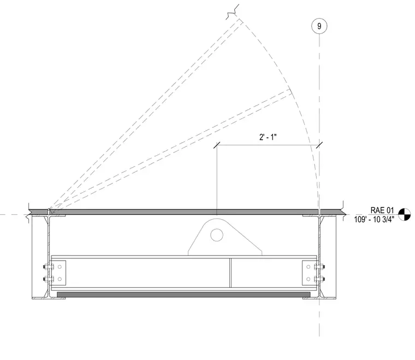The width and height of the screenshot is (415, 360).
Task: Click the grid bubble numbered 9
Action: pos(319,26)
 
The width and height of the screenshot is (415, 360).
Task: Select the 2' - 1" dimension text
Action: pos(268,137)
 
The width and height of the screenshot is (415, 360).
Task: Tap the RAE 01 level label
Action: pos(382,210)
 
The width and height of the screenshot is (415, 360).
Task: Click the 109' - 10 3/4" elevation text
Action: pos(374,220)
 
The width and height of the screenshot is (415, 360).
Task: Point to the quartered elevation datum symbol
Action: pos(405,214)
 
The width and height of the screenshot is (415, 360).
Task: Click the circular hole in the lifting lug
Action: pos(217,235)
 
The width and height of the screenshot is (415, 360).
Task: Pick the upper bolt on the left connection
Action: pos(49,267)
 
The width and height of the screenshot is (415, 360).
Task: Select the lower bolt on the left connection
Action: pos(49,279)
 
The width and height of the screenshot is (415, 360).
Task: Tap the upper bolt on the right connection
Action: pos(319,267)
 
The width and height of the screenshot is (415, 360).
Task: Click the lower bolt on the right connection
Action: pos(319,279)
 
